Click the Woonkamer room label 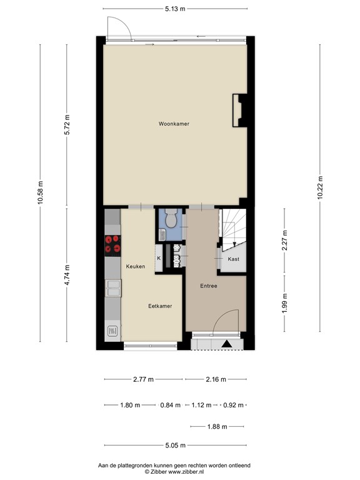173,124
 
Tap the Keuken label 136,267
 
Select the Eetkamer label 160,306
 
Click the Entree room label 208,286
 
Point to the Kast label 234,259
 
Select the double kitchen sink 112,288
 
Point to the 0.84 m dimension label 169,405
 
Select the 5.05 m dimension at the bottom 176,446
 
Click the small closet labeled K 158,258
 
